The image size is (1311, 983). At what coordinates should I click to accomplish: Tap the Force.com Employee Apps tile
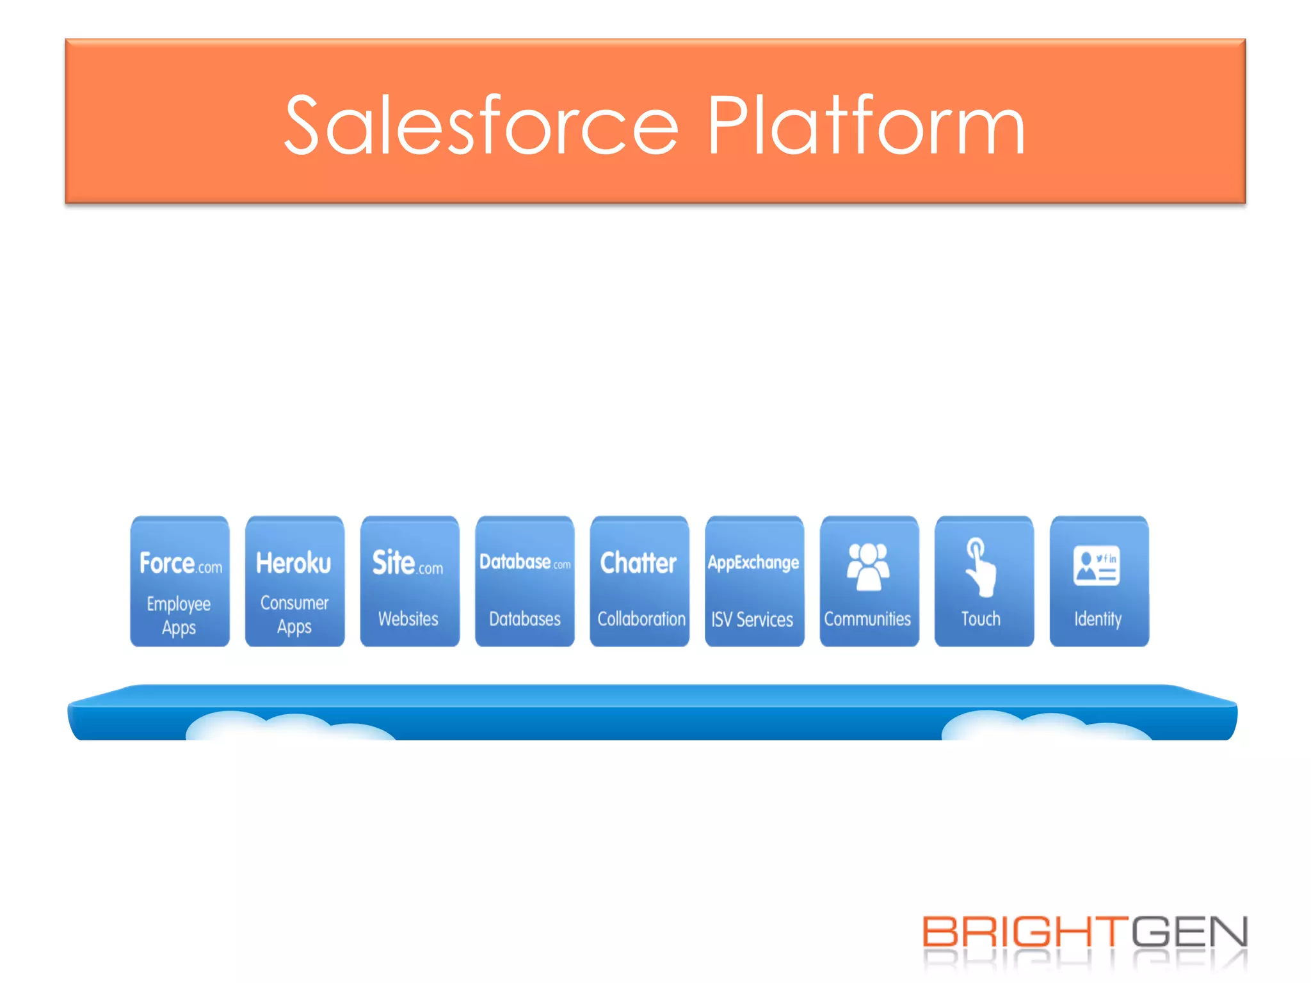click(x=180, y=581)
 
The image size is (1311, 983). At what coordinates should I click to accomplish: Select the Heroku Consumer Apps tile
click(x=294, y=581)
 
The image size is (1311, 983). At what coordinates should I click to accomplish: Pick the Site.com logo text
click(x=408, y=563)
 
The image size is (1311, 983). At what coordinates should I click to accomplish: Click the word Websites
click(x=408, y=619)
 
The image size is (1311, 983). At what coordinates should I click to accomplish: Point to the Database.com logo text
click(x=524, y=562)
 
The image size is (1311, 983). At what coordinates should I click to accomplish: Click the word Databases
click(x=524, y=619)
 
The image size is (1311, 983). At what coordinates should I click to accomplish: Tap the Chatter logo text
click(x=638, y=563)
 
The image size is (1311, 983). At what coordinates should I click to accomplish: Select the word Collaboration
click(x=641, y=619)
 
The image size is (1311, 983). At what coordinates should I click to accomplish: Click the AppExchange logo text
click(x=753, y=563)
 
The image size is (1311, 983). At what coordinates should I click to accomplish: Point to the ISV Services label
click(x=752, y=619)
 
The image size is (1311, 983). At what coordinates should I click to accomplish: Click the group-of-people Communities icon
click(x=868, y=566)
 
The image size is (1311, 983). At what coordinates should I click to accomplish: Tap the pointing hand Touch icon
click(x=979, y=567)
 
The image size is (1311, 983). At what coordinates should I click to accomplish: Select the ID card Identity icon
click(x=1097, y=566)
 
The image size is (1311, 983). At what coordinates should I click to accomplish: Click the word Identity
click(x=1098, y=619)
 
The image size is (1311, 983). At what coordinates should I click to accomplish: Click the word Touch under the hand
click(x=981, y=619)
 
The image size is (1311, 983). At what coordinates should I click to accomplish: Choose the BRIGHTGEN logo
click(x=1084, y=933)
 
